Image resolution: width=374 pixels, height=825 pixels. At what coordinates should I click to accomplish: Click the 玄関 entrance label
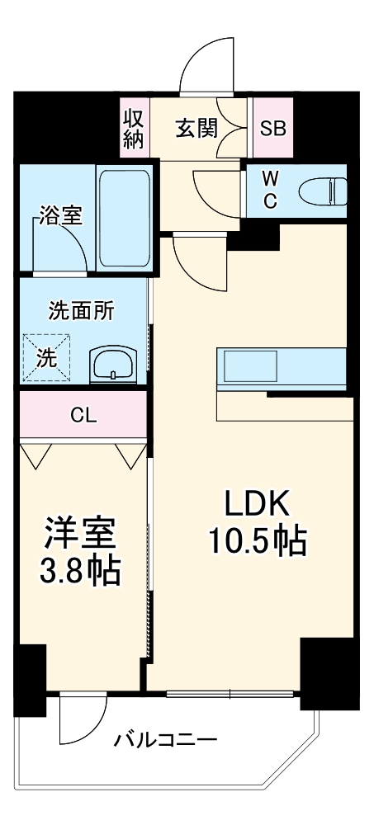[196, 128]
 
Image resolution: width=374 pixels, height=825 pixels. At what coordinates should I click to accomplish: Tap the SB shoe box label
[272, 129]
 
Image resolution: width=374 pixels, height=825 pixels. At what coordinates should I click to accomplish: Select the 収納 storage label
[134, 128]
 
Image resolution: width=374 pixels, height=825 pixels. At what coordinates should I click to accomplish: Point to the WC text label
[270, 190]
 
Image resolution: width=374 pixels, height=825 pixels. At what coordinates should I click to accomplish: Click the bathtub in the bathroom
[124, 218]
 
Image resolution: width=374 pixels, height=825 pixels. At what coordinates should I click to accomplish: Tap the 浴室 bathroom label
[60, 216]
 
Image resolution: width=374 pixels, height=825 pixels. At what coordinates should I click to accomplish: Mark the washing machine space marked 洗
[47, 356]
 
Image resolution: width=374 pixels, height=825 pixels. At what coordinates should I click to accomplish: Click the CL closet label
[83, 415]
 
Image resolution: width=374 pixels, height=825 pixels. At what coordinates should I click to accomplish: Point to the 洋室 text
[81, 533]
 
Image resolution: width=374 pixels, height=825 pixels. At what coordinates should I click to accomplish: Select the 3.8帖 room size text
[81, 570]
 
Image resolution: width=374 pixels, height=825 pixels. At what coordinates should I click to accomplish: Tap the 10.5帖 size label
[256, 542]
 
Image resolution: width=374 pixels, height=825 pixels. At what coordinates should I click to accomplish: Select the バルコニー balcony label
[165, 738]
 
